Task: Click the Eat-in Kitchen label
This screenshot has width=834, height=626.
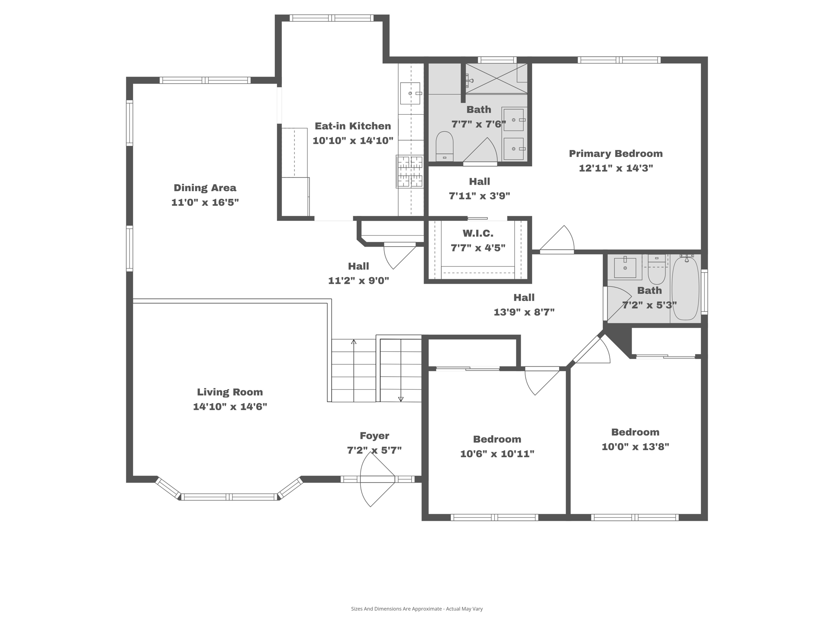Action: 353,126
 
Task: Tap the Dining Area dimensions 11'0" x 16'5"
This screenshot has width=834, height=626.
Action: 205,202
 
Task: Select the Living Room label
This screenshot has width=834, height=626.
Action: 230,392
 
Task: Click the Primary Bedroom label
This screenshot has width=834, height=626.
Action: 615,154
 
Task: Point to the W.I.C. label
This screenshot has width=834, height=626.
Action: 478,234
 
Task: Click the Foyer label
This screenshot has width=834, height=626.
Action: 374,436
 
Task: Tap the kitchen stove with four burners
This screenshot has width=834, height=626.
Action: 410,172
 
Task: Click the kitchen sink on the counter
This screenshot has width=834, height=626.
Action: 410,93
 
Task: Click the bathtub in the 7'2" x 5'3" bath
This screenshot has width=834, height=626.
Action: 685,288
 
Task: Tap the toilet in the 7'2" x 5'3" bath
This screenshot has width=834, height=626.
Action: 656,271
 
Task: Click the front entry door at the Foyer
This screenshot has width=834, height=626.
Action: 377,479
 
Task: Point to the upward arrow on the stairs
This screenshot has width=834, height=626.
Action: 353,342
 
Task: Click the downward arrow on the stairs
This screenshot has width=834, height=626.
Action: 401,399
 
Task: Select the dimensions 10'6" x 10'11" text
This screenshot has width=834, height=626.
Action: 497,454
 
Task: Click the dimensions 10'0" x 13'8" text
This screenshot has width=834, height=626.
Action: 635,447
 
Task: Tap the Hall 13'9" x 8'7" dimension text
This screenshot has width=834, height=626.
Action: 524,312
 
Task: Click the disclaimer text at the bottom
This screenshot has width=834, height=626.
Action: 417,609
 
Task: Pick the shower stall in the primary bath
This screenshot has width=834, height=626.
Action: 496,79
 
